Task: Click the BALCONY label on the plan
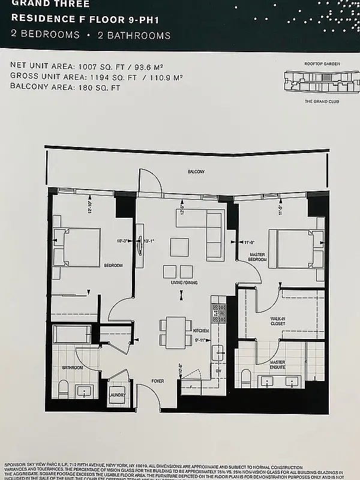pos(196,172)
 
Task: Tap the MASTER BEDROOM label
pos(257,257)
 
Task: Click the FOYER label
pos(158,380)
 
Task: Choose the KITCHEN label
pos(200,331)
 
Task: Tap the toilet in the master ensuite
pos(245,377)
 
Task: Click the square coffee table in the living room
pos(179,247)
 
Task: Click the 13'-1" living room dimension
pos(150,241)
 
